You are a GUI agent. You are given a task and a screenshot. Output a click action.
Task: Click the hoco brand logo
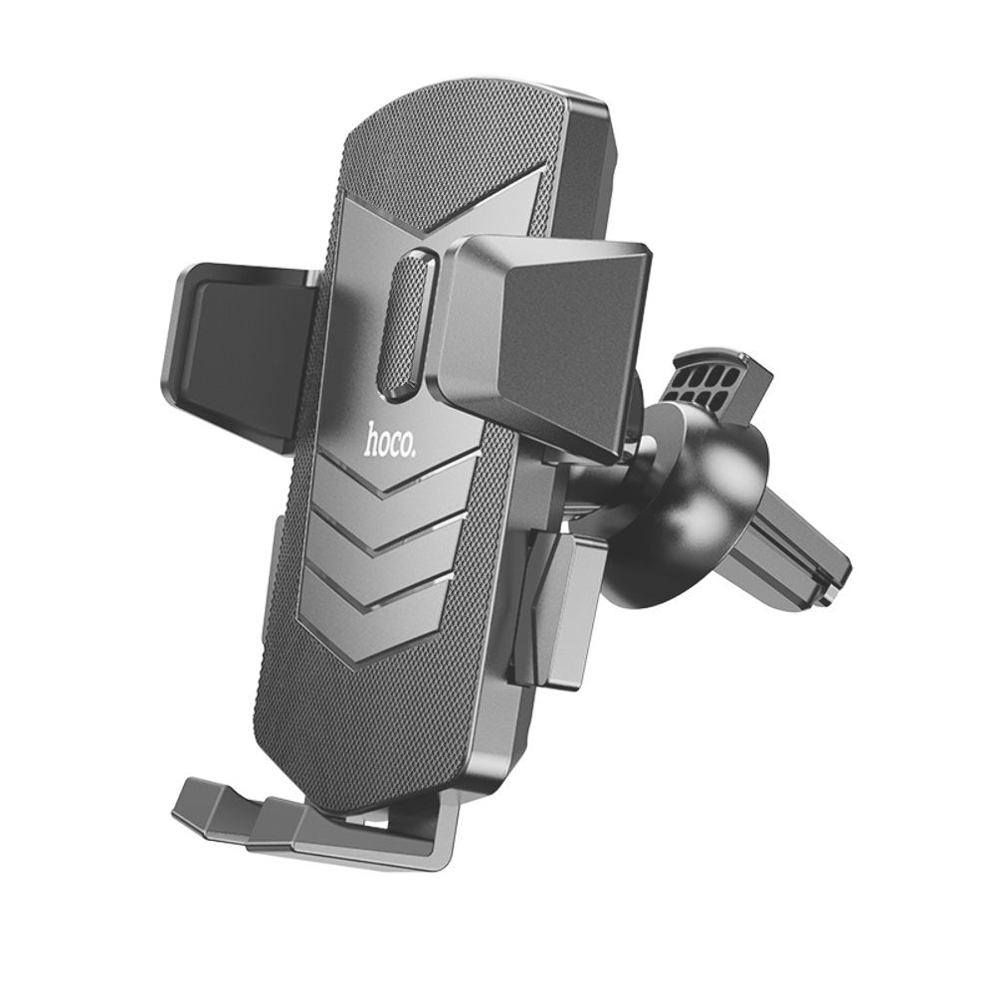(391, 439)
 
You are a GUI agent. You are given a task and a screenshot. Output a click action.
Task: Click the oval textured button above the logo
(406, 325)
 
